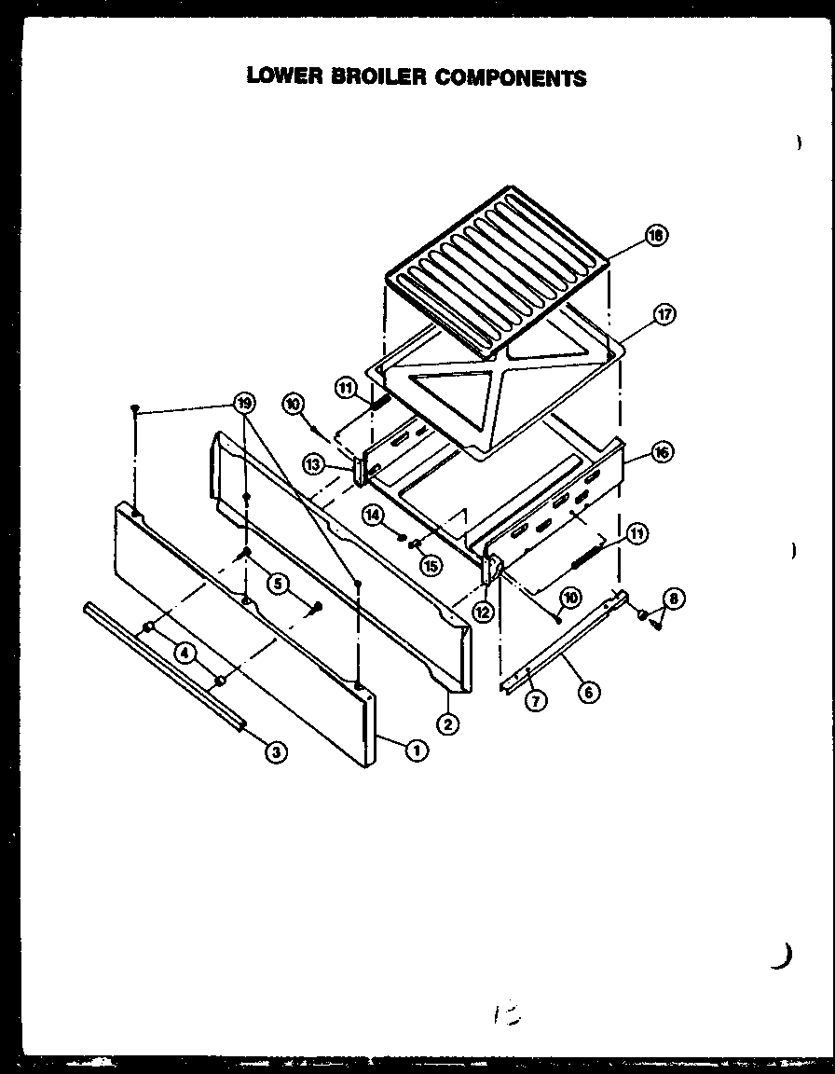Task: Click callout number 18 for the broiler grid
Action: pyautogui.click(x=656, y=236)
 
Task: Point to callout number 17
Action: pyautogui.click(x=664, y=314)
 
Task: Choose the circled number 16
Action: pyautogui.click(x=663, y=452)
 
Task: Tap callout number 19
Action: pyautogui.click(x=243, y=403)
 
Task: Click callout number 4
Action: pyautogui.click(x=187, y=654)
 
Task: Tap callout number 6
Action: pyautogui.click(x=588, y=691)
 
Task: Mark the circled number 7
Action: pyautogui.click(x=535, y=702)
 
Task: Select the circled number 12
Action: pyautogui.click(x=482, y=613)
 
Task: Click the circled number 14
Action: pyautogui.click(x=374, y=514)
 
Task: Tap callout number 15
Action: pyautogui.click(x=430, y=563)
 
